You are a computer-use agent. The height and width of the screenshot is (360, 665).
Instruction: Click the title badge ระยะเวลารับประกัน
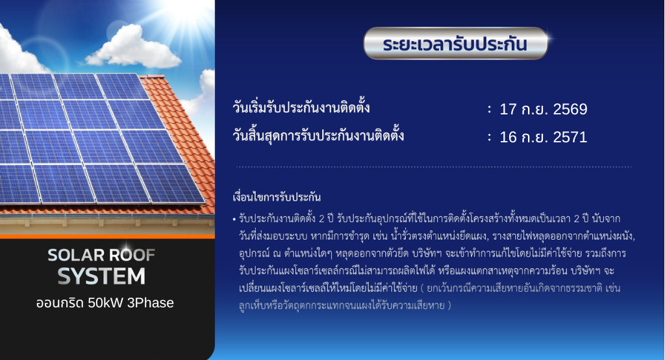coord(455,44)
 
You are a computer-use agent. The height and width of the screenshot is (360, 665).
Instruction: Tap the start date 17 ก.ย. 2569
coord(544,109)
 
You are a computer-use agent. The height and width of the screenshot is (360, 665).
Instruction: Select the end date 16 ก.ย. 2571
coord(544,136)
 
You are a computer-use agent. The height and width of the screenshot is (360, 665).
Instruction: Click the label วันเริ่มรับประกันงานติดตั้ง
coord(301,107)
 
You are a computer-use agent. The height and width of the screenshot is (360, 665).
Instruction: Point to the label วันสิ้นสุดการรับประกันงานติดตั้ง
coord(318,135)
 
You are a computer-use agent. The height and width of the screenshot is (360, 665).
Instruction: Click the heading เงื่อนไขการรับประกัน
coord(277,197)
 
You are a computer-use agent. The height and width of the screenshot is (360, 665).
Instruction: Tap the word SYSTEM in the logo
coord(101,276)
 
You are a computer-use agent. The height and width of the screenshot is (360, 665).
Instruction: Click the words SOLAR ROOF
coord(101,255)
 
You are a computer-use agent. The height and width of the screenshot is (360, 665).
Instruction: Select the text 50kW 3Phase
coord(131,303)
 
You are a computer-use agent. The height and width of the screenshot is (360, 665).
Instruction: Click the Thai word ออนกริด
coord(60,303)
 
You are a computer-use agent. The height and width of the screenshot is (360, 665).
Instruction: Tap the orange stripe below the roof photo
coord(107,237)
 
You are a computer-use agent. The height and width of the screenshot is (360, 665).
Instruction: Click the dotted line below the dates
coord(433,167)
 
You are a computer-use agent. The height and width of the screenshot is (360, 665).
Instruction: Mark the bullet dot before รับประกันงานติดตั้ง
coord(234,220)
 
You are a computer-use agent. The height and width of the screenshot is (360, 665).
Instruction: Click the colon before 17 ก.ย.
coord(490,110)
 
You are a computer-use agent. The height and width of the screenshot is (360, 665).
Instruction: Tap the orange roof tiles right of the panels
coord(186,136)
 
